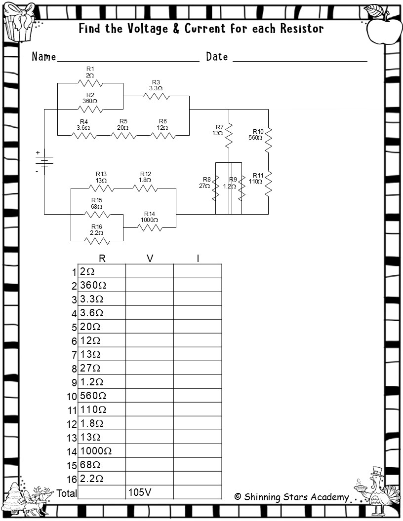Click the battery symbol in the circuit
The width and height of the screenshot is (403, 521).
pos(44,162)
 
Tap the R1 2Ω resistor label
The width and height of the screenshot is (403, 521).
pos(90,72)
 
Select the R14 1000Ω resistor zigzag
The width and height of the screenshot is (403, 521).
pos(150,227)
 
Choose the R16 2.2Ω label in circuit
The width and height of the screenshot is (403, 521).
pos(97,229)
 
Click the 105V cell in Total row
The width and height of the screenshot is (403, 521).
pos(149,492)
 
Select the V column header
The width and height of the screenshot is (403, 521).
pos(150,258)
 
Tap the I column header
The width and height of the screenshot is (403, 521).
pos(198,258)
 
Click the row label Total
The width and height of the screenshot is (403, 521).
pos(67,493)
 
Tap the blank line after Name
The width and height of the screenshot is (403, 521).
pos(128,59)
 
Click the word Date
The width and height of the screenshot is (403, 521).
pos(217,57)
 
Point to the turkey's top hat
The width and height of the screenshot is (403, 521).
pos(377,472)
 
